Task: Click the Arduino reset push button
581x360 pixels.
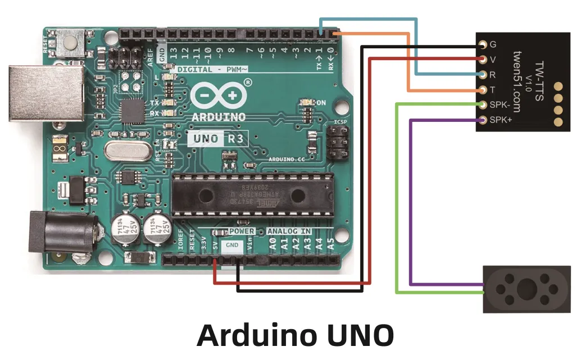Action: click(x=70, y=40)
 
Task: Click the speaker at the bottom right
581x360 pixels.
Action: click(x=526, y=289)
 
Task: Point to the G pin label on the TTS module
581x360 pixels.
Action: click(x=493, y=44)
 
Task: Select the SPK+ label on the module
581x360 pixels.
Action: click(x=501, y=120)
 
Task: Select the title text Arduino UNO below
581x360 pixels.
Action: click(x=295, y=336)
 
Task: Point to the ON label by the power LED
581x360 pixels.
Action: click(x=322, y=103)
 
